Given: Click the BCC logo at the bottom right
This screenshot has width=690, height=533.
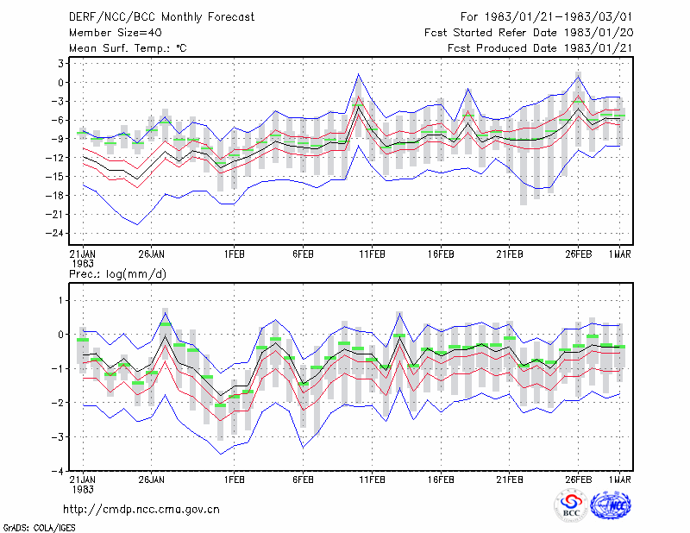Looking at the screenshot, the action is (x=571, y=505).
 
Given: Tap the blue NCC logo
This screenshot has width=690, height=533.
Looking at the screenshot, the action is (x=611, y=505).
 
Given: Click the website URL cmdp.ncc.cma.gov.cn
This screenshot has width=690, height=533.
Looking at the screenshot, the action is (x=141, y=510).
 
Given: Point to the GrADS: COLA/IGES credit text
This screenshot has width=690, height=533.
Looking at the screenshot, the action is (x=39, y=528).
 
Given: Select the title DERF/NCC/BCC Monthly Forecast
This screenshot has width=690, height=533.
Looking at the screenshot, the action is (x=161, y=17).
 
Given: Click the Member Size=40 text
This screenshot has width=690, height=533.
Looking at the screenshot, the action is (x=116, y=33).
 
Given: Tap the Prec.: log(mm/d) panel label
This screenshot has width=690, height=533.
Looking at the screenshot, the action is (x=117, y=274).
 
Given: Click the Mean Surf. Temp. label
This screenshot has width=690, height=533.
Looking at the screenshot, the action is (x=128, y=48).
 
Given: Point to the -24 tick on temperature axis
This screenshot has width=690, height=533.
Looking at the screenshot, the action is (x=55, y=233).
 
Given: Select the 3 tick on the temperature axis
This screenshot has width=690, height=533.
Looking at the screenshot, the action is (x=60, y=63).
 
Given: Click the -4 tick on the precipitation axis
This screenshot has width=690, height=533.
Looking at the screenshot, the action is (x=58, y=471).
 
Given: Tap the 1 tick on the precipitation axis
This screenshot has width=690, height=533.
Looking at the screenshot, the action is (x=61, y=301).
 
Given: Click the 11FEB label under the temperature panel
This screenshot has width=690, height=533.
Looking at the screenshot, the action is (x=372, y=254).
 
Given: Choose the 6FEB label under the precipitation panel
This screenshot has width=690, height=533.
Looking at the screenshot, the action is (x=303, y=480).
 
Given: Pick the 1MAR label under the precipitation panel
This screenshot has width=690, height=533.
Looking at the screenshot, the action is (x=620, y=480).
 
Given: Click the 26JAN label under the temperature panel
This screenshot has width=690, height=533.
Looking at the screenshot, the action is (x=152, y=254).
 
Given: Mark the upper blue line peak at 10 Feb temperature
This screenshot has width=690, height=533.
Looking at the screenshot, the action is (x=358, y=74).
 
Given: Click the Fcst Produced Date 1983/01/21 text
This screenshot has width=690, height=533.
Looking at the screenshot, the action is (x=540, y=48).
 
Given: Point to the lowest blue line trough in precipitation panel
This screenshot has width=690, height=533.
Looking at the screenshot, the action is (x=221, y=454).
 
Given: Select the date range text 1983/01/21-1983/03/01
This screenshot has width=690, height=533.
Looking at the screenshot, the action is (x=558, y=17).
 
